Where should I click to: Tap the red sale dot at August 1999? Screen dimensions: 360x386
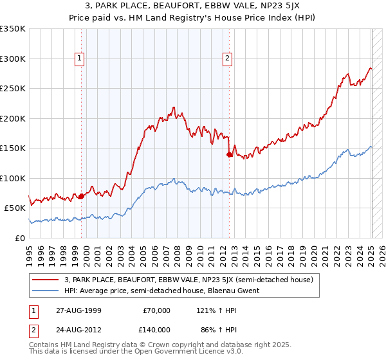click(81, 197)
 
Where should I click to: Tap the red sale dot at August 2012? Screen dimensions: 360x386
click(229, 154)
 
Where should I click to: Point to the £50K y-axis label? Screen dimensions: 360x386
click(14, 208)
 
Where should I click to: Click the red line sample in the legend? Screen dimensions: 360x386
click(46, 280)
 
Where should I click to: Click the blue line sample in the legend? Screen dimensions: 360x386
click(46, 291)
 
